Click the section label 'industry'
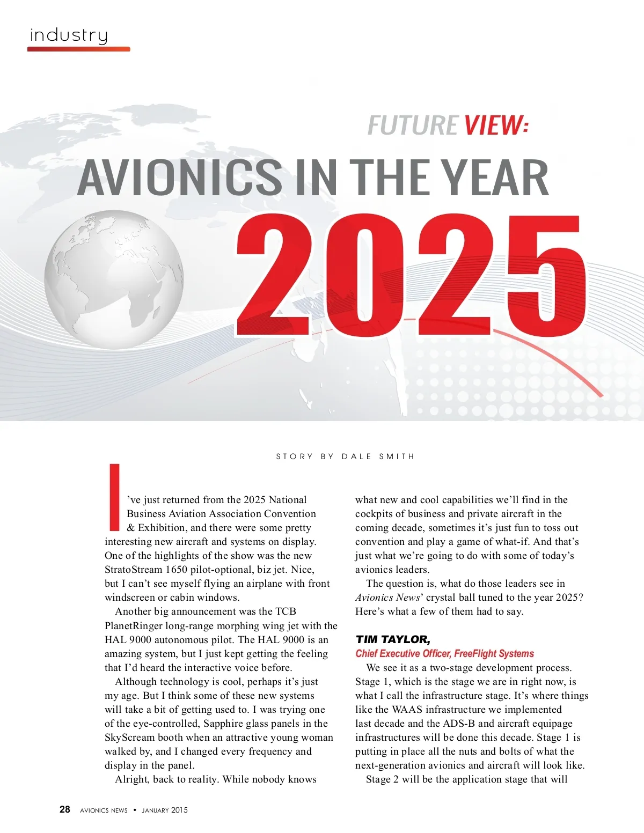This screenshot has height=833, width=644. point(69,35)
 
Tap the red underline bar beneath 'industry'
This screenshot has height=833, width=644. point(78,49)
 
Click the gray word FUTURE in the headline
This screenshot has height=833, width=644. point(412,126)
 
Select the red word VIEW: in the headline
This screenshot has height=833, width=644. point(496,126)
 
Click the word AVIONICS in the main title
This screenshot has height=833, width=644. point(179,178)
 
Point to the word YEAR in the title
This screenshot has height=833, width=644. point(496,178)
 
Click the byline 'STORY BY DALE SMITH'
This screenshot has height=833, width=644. point(345,456)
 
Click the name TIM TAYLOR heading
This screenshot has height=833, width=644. point(393,639)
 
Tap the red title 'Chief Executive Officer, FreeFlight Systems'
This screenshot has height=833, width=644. point(444,653)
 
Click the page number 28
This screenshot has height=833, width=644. point(64,809)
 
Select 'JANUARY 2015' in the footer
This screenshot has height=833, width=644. point(165,810)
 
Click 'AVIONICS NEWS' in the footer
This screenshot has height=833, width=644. point(104,810)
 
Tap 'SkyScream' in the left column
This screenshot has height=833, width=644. point(128,738)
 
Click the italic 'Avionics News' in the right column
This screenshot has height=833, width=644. point(387,598)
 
